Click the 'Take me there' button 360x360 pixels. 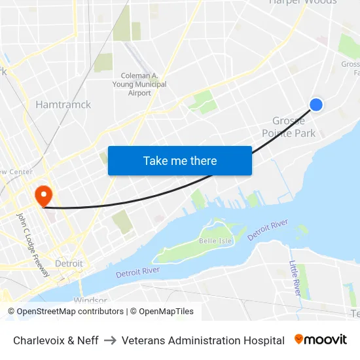tap(180, 160)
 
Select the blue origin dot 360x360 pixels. tap(315, 105)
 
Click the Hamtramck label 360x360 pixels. tap(63, 104)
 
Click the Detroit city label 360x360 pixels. tap(69, 263)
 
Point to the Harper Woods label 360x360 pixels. tap(303, 3)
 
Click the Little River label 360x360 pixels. tap(296, 278)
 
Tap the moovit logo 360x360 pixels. tap(321, 340)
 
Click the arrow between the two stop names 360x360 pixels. tap(110, 340)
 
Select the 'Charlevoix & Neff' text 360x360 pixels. tap(56, 340)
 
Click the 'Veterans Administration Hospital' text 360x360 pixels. tap(203, 340)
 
